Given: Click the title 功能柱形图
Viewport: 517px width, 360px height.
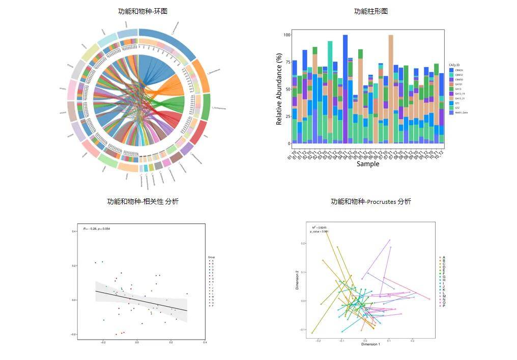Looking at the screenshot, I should tap(370, 11).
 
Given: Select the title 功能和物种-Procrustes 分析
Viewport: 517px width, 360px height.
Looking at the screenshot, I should tap(370, 201).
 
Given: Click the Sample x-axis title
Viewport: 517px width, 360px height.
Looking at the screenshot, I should tap(367, 164).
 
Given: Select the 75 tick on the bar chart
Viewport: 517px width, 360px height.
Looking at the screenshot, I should tap(287, 63).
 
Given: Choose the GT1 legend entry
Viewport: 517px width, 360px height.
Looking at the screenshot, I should tap(457, 103).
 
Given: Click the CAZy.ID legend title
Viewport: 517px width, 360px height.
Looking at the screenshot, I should tap(455, 65).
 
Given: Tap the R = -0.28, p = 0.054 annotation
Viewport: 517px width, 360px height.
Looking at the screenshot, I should tap(97, 229).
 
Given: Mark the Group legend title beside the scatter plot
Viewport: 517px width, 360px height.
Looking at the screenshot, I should tap(211, 258).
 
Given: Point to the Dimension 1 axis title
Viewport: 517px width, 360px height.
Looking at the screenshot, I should tap(370, 344).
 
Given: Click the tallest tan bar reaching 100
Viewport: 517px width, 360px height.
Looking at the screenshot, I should tap(391, 86).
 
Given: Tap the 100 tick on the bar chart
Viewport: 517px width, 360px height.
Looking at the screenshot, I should tap(286, 35).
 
